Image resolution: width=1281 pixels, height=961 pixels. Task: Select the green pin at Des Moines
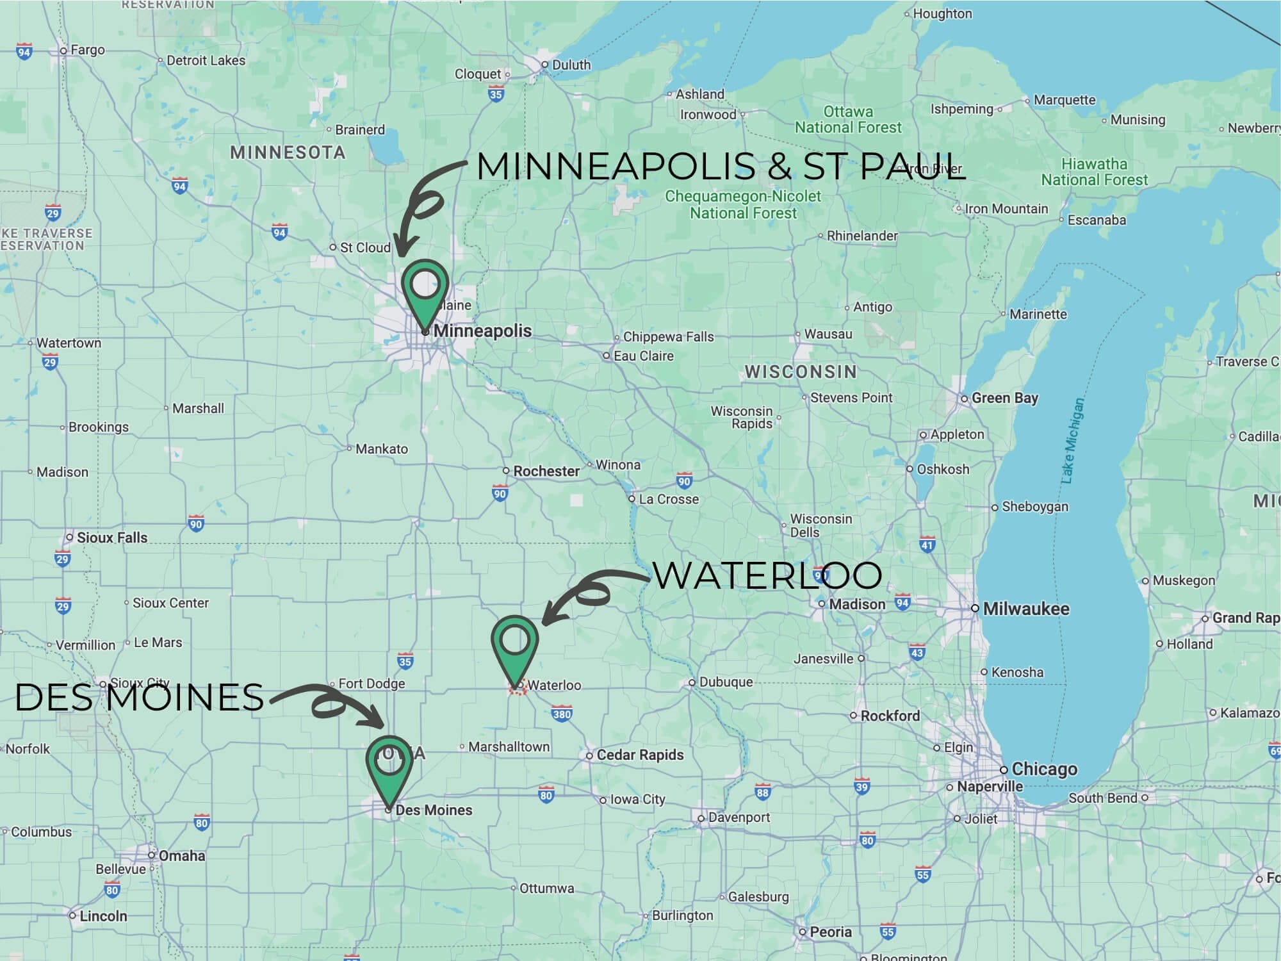point(389,765)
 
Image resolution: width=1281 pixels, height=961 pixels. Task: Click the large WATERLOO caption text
point(767,575)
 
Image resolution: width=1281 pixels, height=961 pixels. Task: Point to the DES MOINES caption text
point(139,697)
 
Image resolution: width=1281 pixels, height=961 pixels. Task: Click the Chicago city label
point(1043,769)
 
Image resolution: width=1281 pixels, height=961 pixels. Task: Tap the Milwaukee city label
point(1025,609)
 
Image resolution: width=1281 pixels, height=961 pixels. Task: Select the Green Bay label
point(1004,398)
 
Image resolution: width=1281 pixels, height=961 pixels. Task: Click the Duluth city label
point(570,65)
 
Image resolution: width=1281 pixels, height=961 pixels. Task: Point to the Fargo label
point(87,50)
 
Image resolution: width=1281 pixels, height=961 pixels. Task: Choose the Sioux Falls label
point(111,538)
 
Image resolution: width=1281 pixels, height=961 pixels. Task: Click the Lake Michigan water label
point(1072,440)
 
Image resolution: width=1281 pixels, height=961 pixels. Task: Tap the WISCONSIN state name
point(800,372)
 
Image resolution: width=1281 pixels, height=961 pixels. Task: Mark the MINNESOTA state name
point(288,152)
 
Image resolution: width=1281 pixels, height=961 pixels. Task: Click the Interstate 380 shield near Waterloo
point(562,714)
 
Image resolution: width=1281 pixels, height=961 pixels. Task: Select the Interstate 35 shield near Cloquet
point(496,95)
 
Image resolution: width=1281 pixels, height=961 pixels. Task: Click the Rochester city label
point(546,471)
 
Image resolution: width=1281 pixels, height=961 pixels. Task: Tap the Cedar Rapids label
point(639,755)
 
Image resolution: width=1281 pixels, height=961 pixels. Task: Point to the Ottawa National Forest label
point(847,119)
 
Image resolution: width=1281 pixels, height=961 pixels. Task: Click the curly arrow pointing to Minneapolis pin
point(423,205)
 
